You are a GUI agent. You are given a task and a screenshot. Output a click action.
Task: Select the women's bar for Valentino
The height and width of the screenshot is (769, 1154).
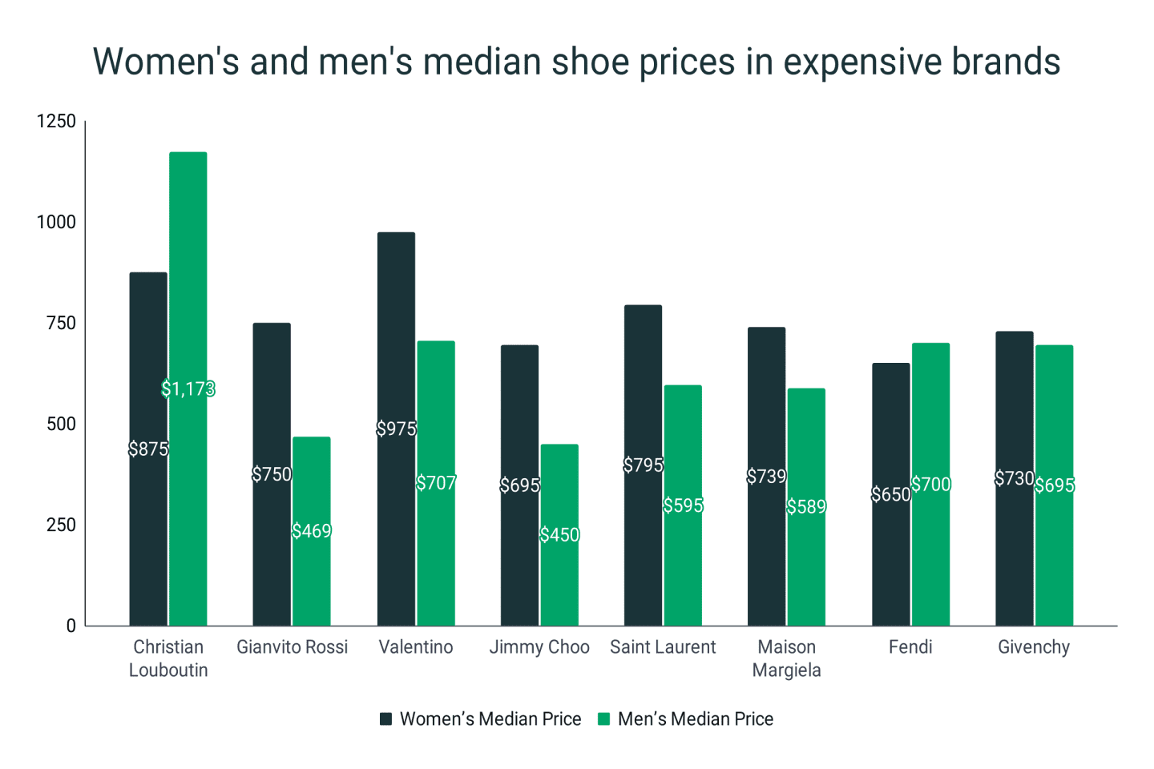click(396, 336)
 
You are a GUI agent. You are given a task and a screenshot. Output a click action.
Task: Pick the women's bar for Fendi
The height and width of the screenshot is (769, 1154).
click(891, 561)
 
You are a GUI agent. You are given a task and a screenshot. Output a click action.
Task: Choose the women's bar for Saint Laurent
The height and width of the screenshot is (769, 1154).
click(643, 384)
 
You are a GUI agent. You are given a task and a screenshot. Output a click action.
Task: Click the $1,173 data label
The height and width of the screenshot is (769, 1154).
click(188, 389)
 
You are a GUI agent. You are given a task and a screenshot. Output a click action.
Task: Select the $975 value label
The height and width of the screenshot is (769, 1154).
click(397, 429)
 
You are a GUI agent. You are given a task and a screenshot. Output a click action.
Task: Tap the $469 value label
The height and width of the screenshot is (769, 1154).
click(311, 531)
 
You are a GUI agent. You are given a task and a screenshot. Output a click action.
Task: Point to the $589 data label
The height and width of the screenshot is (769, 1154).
click(806, 507)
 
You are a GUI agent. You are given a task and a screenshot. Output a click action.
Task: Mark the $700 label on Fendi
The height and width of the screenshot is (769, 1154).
click(931, 485)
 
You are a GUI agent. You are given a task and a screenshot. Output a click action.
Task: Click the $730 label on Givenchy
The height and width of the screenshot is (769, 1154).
click(1015, 478)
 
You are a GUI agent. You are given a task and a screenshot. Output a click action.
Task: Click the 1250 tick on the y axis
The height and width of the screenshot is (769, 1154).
click(56, 121)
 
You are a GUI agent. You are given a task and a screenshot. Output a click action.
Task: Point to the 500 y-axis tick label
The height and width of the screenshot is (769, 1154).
click(61, 424)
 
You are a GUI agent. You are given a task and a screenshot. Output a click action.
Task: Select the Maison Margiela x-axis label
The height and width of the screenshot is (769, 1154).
click(786, 658)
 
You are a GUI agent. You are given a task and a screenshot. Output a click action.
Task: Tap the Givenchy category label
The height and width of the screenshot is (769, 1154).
click(1034, 647)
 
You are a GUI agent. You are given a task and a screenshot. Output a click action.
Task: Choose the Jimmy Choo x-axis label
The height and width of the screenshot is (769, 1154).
click(539, 647)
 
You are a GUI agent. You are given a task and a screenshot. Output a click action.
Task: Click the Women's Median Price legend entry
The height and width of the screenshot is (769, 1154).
click(490, 719)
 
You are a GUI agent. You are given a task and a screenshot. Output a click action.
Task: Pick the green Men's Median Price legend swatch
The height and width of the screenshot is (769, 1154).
click(604, 719)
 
